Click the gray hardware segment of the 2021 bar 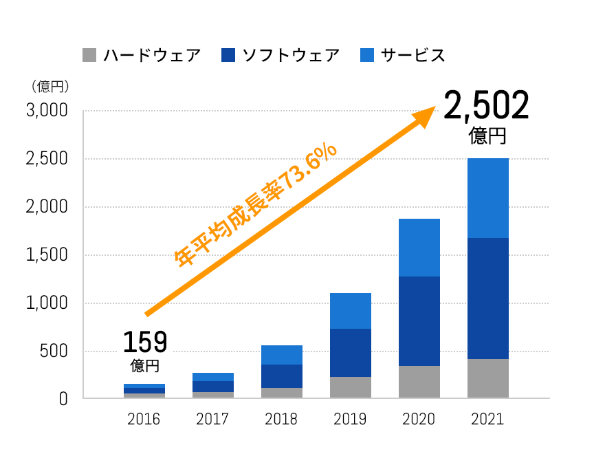point(487,378)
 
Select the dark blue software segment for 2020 point(419,321)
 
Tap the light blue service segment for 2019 point(350,311)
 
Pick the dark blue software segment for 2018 point(281,376)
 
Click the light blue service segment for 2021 point(487,198)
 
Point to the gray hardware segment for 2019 point(350,387)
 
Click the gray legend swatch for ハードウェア point(89,55)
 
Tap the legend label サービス point(413,55)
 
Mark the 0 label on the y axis point(63,399)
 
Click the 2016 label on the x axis point(144,419)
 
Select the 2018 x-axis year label point(281,419)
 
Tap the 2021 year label point(487,419)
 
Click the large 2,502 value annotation point(487,106)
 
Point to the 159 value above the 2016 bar point(145,341)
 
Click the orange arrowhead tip point(433,109)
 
